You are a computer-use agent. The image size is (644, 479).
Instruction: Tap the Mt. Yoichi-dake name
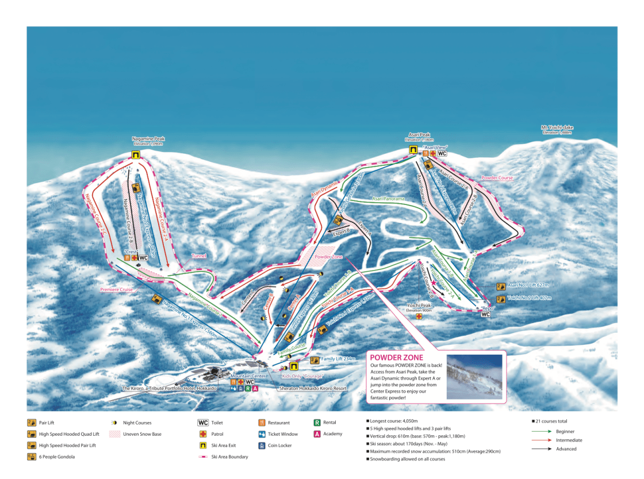557,127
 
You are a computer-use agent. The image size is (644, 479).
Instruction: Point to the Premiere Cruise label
117,290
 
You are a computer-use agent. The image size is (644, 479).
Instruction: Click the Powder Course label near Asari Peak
497,178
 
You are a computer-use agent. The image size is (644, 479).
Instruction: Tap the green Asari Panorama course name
388,199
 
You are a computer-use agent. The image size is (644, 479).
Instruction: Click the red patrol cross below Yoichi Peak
418,317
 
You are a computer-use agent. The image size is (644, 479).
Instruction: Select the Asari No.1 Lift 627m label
528,285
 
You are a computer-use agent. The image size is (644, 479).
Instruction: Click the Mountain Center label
252,376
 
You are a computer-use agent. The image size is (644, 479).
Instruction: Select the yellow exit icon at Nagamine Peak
136,155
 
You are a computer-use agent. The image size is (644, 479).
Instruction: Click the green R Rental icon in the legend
317,423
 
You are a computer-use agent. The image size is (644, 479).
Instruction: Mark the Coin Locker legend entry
279,446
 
